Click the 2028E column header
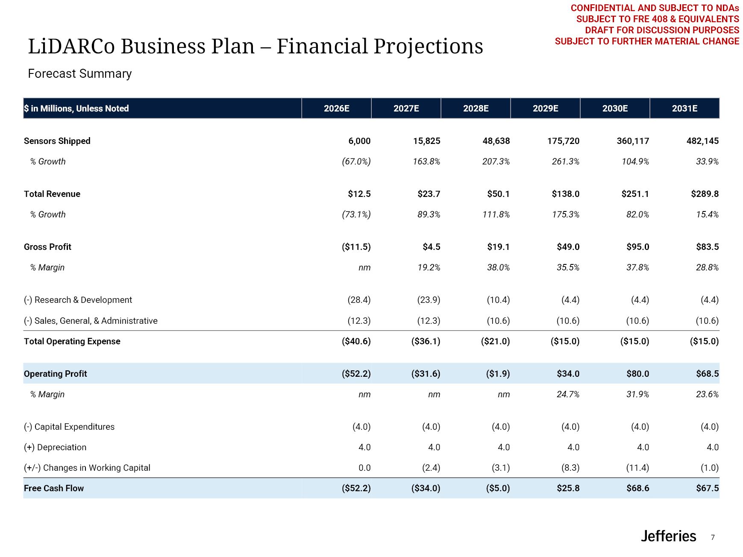(x=476, y=108)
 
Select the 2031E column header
(x=684, y=108)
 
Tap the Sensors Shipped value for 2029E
(x=563, y=141)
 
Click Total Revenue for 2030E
(x=635, y=194)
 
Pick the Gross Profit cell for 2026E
(x=356, y=247)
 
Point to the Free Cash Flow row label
(x=54, y=488)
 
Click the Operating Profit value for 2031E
(x=707, y=374)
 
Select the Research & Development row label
(x=78, y=300)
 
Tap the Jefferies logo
(x=668, y=536)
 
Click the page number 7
(x=713, y=537)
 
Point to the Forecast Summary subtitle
(x=80, y=74)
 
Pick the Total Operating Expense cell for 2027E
(x=426, y=341)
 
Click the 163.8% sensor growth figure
(x=426, y=161)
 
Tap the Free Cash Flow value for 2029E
(x=568, y=488)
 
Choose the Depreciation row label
(x=55, y=447)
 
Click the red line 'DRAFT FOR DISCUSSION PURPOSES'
(x=662, y=30)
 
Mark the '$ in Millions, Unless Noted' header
(x=76, y=108)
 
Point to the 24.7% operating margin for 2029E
(x=568, y=394)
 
